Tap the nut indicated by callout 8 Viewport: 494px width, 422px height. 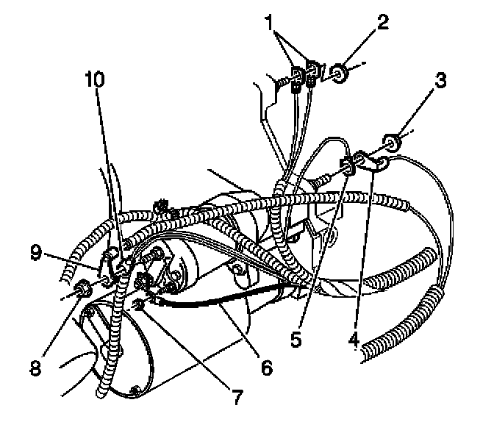tap(82, 288)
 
